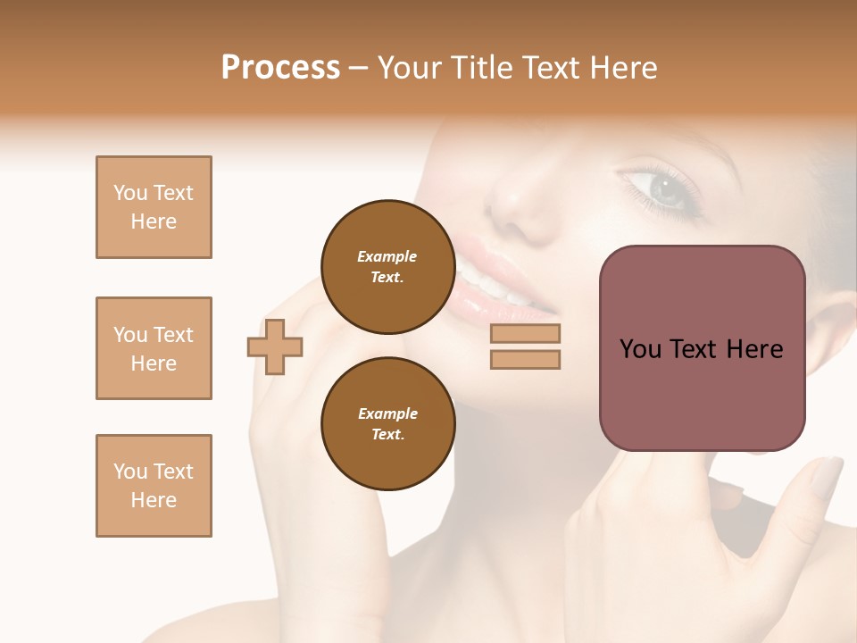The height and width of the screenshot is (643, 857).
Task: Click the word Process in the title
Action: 280,68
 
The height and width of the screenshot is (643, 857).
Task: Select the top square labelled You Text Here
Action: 154,207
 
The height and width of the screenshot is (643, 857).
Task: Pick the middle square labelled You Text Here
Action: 154,348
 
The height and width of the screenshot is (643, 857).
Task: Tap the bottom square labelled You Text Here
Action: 154,486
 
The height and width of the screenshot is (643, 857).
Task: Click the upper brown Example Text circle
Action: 387,267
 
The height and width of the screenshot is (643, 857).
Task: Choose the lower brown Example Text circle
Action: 387,424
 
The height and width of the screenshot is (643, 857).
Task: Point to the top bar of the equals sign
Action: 525,334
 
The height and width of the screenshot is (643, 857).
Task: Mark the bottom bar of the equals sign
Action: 525,359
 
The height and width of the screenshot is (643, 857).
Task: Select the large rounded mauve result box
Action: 702,348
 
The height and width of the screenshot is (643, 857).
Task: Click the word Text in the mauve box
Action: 701,349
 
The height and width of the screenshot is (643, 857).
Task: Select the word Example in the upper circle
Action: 387,256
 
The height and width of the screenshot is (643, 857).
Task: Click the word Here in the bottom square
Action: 154,500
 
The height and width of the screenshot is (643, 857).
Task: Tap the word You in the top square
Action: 129,193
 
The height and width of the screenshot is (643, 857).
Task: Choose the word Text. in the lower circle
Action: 387,435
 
